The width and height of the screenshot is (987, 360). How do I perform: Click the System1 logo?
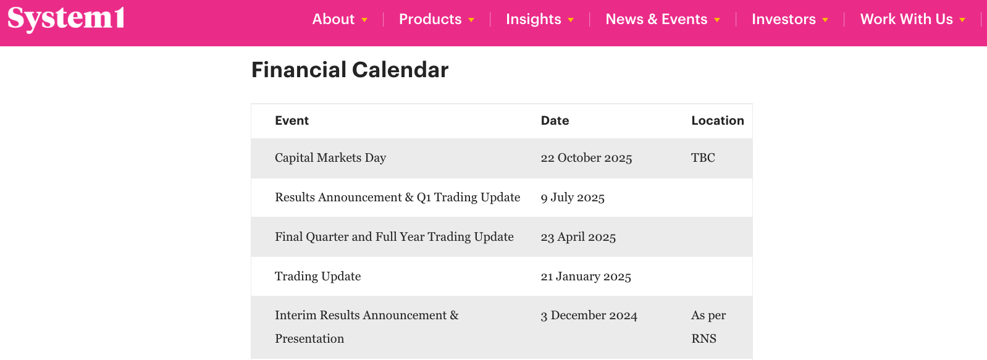pos(66,19)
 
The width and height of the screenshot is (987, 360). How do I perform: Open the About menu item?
pos(333,19)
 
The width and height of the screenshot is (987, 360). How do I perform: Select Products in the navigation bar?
pos(430,19)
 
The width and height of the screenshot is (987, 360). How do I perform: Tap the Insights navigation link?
pos(533,19)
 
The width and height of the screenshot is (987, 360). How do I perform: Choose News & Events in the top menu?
pos(656,19)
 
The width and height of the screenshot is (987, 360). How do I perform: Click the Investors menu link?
pos(783,19)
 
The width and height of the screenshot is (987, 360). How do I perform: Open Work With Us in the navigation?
pos(906,19)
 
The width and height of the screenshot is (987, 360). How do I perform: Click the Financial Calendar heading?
pos(350,70)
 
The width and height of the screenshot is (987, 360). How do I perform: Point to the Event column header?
pos(292,121)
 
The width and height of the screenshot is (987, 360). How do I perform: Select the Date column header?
pos(555,121)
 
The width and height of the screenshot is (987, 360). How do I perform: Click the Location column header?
pos(717,121)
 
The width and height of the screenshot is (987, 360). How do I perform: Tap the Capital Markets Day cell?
pos(330,157)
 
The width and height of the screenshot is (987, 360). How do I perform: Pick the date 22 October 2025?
pos(587,157)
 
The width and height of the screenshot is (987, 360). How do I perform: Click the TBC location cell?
pos(703,157)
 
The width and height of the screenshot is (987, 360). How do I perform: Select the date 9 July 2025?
pos(573,198)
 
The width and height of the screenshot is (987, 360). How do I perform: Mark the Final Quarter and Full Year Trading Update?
pos(394,237)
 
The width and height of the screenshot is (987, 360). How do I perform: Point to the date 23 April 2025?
pos(579,237)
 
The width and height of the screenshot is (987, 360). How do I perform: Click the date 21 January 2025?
pos(586,276)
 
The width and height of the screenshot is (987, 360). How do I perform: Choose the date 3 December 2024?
pos(589,316)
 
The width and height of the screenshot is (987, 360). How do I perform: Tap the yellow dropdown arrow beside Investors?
pos(825,20)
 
